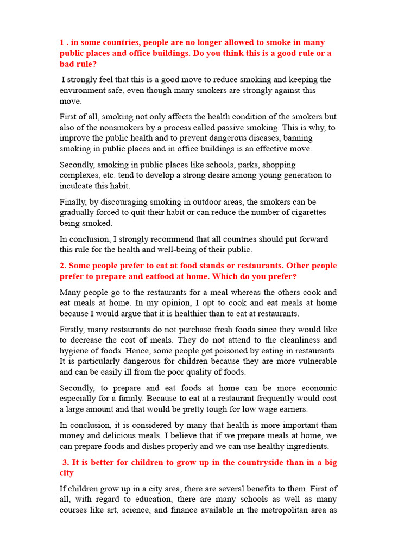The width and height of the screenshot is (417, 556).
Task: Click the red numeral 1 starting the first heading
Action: (62, 42)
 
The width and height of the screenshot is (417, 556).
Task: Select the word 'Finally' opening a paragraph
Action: (73, 202)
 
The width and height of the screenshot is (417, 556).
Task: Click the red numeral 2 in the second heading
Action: (62, 266)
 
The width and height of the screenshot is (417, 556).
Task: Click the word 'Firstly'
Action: (72, 330)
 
